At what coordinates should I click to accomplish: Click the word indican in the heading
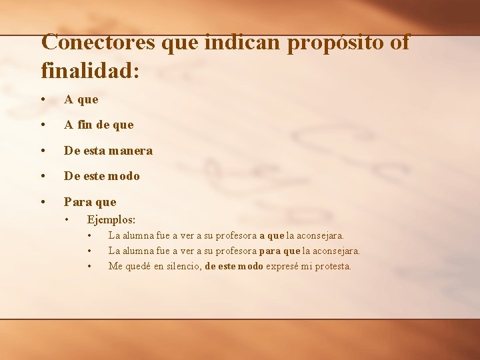244,42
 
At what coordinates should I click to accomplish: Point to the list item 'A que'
81,99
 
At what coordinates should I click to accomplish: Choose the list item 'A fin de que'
99,125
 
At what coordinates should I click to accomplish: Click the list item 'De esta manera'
108,151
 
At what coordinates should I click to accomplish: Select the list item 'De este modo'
102,176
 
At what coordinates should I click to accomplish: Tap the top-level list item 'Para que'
90,201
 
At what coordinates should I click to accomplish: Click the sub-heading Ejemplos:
111,219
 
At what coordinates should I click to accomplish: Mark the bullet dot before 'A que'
43,99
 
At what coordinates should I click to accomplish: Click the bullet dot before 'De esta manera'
43,151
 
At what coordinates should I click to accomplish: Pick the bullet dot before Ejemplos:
67,220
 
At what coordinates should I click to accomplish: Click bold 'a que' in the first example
271,235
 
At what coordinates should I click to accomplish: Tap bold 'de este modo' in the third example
234,266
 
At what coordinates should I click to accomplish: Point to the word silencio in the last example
181,266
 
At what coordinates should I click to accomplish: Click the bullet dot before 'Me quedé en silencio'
89,267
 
